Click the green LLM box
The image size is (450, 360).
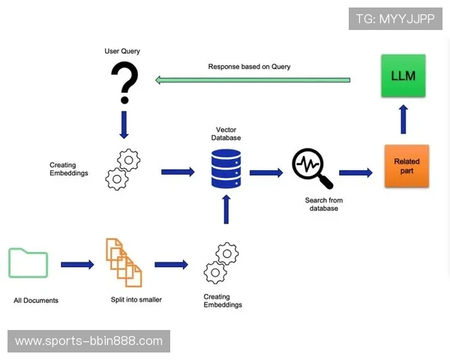403,76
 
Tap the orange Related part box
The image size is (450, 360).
406,166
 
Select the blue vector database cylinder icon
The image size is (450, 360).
226,169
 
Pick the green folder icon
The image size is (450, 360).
28,262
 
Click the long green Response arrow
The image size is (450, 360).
253,79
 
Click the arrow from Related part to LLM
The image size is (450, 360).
403,118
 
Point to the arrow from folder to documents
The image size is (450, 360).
77,264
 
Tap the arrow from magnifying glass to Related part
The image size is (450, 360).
355,172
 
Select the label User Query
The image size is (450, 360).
122,51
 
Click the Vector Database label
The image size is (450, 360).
226,133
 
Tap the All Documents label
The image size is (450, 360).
36,301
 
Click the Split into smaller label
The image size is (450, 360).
136,300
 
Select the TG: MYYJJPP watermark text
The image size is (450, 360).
395,19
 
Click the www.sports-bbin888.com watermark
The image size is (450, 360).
88,341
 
